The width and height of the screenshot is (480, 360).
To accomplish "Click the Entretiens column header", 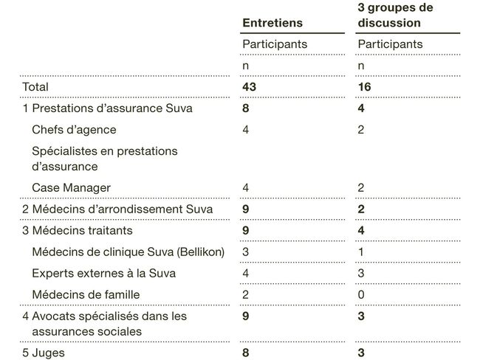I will click(x=272, y=24).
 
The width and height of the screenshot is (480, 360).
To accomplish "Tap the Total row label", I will click(x=35, y=87).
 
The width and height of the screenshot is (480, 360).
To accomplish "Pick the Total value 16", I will click(x=364, y=87).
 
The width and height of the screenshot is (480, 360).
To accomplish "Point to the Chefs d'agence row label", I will click(x=74, y=130).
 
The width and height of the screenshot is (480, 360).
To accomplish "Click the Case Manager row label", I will click(x=71, y=187).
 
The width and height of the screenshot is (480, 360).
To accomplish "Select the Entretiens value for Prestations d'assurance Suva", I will click(x=247, y=108).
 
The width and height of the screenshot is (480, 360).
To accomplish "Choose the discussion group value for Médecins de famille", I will click(x=361, y=294).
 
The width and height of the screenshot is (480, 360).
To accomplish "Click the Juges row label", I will click(x=44, y=353).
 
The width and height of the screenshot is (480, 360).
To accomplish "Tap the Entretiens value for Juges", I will click(x=247, y=353).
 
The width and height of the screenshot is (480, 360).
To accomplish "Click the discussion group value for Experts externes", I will click(x=361, y=273).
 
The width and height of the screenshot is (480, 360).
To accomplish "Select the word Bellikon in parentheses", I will click(x=199, y=252).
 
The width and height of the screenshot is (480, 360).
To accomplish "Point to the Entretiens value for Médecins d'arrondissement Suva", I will click(x=247, y=209).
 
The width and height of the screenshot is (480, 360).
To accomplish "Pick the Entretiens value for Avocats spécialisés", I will click(x=247, y=316).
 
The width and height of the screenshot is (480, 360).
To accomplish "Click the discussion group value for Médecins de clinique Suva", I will click(x=360, y=252).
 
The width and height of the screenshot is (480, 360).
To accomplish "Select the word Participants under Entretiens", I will click(x=275, y=44).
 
